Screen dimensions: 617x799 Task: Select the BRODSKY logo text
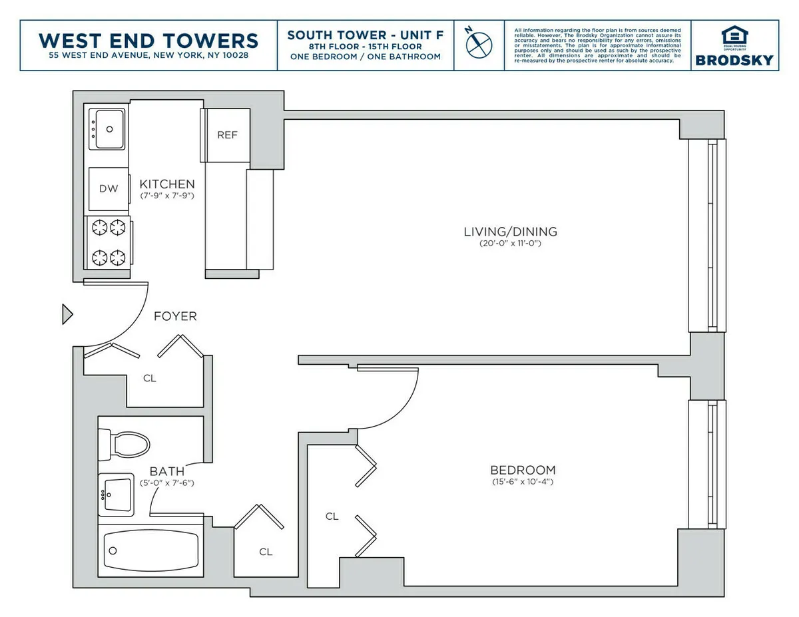(x=734, y=60)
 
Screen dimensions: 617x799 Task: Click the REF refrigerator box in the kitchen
(x=227, y=135)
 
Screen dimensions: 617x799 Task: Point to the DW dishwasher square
(x=109, y=188)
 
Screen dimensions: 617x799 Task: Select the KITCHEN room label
(x=167, y=184)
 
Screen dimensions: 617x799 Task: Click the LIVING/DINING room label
(x=510, y=232)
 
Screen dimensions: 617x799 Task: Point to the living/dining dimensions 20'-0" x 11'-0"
(x=510, y=244)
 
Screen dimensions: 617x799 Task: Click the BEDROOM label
(x=522, y=470)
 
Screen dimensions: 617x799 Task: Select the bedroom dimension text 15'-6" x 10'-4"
(x=522, y=482)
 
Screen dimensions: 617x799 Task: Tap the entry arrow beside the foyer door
(x=67, y=313)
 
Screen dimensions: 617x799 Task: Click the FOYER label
(x=175, y=316)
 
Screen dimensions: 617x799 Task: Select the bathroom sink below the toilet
(x=117, y=494)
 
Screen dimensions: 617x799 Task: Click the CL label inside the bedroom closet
(x=332, y=516)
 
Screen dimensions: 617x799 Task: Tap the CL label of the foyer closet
(x=150, y=378)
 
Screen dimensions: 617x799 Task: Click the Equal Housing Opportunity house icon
(x=734, y=35)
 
